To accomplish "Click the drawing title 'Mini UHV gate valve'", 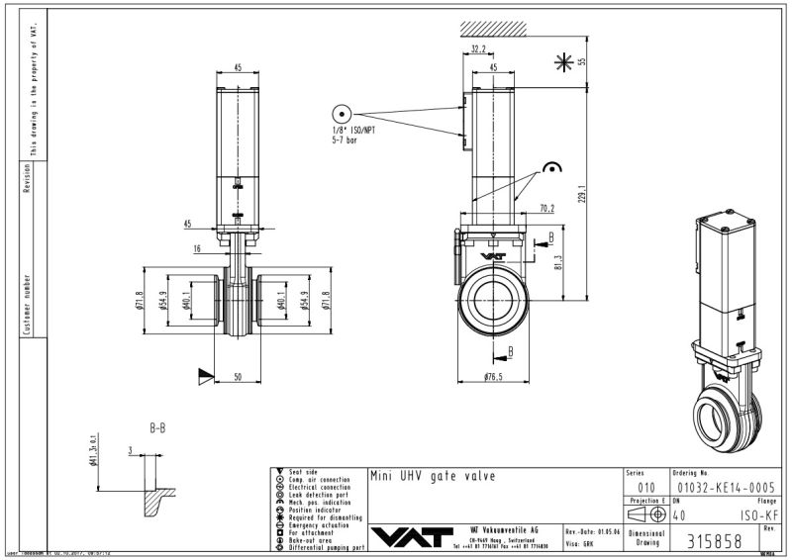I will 432,477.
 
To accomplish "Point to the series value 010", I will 645,487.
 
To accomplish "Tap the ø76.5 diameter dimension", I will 495,378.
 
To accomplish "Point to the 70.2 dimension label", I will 545,209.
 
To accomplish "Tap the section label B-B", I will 157,429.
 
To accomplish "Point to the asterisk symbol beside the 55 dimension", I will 563,62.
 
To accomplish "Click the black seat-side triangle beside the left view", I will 205,374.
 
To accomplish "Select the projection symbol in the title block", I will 646,514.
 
